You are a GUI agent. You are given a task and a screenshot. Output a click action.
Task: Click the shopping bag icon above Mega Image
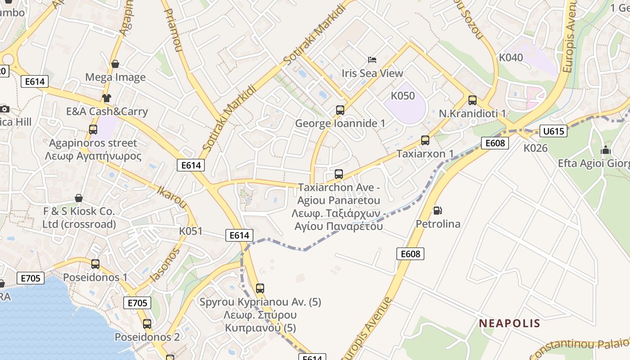[x=115, y=64]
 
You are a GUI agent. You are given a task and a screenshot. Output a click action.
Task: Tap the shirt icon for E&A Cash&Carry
[x=106, y=98]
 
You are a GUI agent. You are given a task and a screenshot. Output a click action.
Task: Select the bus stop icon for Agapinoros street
[x=93, y=130]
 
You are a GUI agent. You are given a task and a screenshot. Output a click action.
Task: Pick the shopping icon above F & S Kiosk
[x=79, y=198]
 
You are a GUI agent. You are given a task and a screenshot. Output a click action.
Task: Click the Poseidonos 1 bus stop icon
[x=95, y=264]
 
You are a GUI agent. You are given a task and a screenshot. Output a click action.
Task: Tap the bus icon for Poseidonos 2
[x=147, y=324]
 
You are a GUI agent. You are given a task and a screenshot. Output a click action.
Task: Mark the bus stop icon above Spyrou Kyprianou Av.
[x=260, y=288]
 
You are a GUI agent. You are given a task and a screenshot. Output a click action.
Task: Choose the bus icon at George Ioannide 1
[x=340, y=110]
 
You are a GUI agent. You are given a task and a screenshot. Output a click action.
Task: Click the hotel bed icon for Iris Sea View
[x=372, y=59]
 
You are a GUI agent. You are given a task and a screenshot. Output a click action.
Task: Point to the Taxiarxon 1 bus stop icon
[x=425, y=140]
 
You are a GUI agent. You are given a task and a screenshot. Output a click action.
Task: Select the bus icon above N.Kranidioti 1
[x=472, y=100]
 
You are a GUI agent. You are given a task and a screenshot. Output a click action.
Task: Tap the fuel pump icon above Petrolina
[x=437, y=210]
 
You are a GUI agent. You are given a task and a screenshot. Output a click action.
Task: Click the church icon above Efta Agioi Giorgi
[x=606, y=150]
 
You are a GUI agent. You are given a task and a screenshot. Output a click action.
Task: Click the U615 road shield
[x=553, y=131]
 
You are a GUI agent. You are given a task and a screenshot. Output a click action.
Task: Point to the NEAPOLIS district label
[x=509, y=323]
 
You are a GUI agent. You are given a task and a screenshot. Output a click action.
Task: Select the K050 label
[x=403, y=96]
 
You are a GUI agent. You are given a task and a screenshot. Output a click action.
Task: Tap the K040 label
[x=511, y=58]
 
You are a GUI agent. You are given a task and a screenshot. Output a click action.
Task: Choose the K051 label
[x=191, y=231]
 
